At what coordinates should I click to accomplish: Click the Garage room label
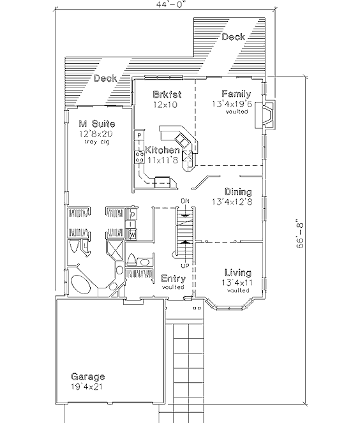(87, 376)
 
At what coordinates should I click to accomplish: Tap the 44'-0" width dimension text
(171, 4)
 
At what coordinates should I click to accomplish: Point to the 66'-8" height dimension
(300, 234)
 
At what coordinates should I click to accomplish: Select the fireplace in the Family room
(265, 115)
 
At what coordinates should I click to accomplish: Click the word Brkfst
(167, 94)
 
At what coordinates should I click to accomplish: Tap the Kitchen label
(162, 150)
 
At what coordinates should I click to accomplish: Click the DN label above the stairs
(185, 201)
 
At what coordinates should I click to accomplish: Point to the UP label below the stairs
(185, 266)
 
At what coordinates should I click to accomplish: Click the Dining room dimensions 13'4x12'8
(232, 202)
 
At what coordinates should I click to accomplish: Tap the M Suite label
(97, 124)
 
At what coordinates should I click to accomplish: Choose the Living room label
(238, 272)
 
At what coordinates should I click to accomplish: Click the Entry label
(173, 278)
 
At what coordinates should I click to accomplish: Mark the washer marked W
(133, 234)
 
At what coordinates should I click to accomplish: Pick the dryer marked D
(133, 214)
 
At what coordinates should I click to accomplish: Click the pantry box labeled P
(139, 135)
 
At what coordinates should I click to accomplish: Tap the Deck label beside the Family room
(234, 37)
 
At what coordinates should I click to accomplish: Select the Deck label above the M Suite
(105, 78)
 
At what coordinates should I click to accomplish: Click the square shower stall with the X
(116, 249)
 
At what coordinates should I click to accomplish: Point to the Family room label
(236, 94)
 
